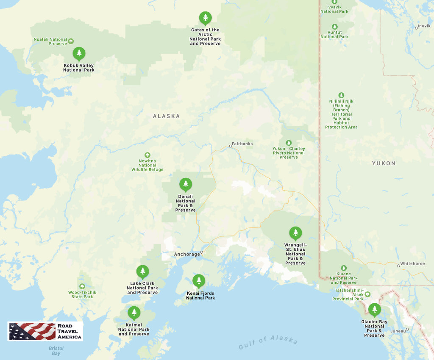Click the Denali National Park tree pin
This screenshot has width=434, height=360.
(185, 184)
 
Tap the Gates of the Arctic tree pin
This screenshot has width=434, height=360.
(205, 18)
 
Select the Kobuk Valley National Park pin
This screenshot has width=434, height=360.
(78, 53)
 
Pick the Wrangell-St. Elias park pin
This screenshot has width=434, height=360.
(295, 233)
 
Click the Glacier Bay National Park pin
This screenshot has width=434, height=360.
(374, 310)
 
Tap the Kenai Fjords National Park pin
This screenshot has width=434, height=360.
(198, 280)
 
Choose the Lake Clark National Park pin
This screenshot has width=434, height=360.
(142, 271)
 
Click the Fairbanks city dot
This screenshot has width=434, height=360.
(230, 146)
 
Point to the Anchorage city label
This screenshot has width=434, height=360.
(187, 255)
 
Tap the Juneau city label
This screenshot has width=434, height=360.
(397, 331)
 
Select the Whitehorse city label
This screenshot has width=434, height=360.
(412, 264)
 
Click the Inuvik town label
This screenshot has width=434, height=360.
(424, 26)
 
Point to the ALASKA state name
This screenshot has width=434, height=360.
(166, 116)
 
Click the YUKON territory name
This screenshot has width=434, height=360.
(384, 163)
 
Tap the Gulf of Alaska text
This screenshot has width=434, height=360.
(268, 342)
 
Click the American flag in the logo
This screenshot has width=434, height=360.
(32, 331)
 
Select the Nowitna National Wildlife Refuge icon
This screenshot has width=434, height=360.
(147, 155)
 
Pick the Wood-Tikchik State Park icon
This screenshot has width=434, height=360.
(82, 286)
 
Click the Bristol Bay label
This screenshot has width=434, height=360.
(56, 351)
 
